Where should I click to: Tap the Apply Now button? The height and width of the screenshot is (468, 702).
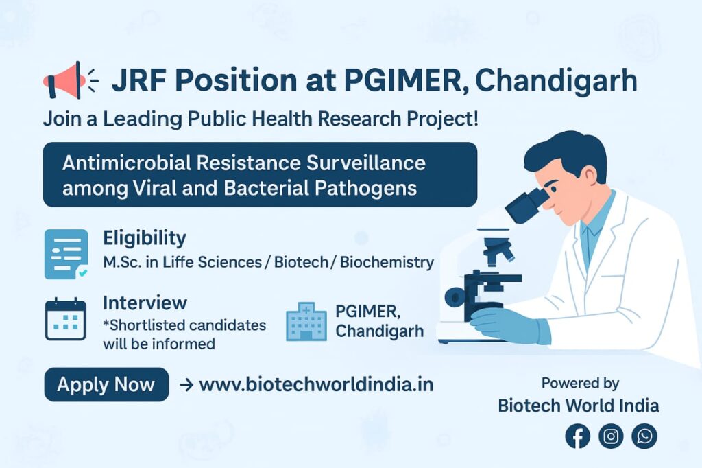[106, 384]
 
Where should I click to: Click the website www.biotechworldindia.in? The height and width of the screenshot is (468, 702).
[316, 384]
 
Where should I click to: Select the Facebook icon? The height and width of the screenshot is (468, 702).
[577, 436]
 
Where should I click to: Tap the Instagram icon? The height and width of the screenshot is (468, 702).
[611, 436]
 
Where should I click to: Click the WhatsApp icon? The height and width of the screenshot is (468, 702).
[644, 436]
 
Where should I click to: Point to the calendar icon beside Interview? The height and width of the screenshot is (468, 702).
[65, 318]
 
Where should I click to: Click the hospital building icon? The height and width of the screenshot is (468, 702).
[306, 321]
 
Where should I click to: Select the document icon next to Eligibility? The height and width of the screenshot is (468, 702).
[66, 254]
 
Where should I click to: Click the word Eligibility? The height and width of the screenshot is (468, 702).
[145, 238]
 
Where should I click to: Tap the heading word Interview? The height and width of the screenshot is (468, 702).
[145, 303]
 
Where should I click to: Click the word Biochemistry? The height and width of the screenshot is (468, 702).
[387, 262]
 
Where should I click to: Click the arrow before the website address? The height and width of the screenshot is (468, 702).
[186, 385]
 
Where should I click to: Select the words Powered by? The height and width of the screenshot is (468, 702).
[580, 384]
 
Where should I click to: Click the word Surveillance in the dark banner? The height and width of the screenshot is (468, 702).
[366, 163]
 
